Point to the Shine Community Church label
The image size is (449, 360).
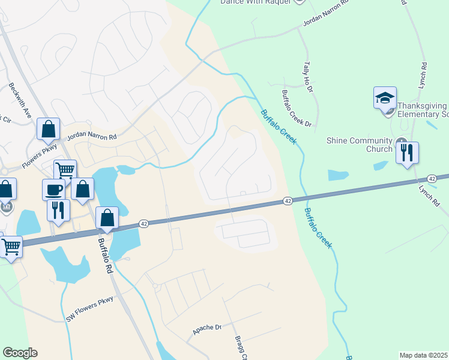tap(359, 145)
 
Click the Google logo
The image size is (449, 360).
tap(20, 353)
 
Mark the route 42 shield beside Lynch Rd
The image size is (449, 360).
tap(432, 179)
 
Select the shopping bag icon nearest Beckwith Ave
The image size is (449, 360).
tap(49, 129)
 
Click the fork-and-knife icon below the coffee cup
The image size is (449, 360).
tap(58, 210)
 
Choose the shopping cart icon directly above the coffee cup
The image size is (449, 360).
tap(65, 170)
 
